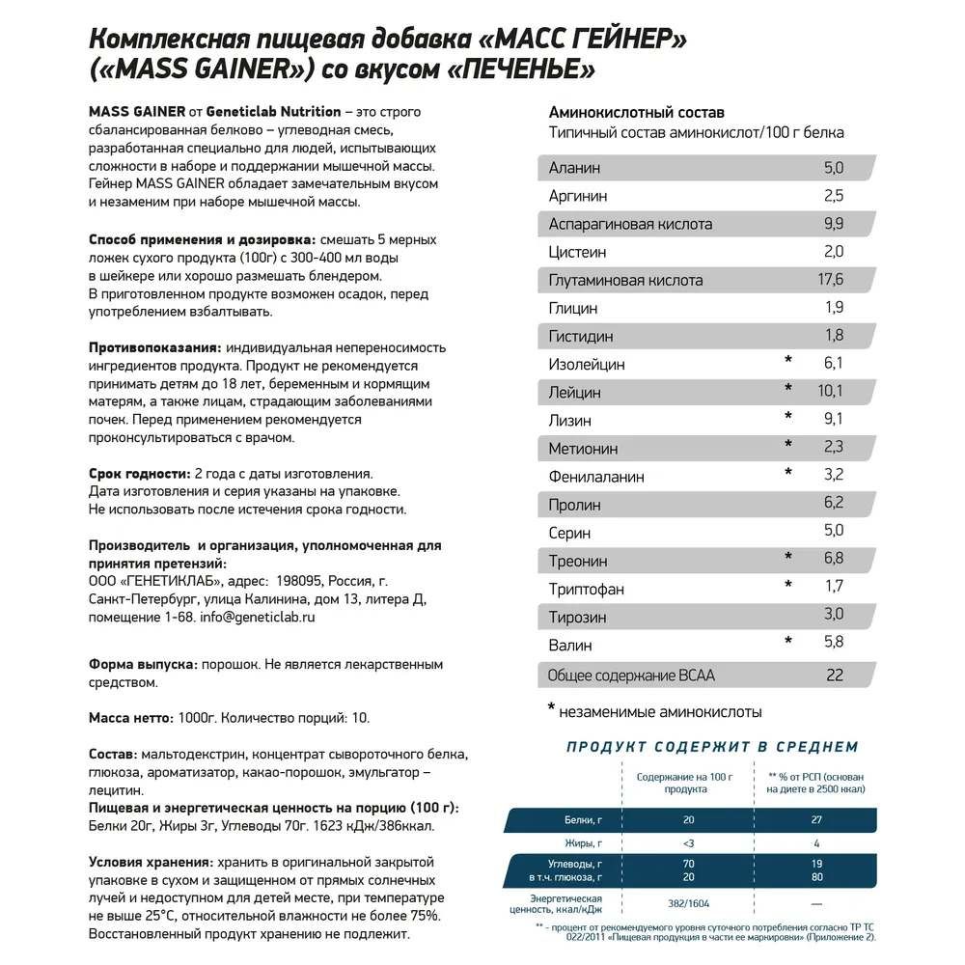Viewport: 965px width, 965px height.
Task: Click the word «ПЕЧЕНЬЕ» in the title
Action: (516, 69)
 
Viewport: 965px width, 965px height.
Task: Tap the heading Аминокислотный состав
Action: (636, 112)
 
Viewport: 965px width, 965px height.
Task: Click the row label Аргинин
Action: (578, 196)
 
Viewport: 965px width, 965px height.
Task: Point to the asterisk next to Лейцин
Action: (788, 389)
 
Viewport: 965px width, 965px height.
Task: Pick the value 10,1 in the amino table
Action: (830, 391)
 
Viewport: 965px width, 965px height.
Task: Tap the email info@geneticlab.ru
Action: (258, 617)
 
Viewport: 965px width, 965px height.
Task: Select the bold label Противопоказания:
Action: (154, 347)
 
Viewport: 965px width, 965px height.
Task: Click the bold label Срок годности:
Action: (138, 474)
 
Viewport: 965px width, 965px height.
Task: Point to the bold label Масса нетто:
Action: (131, 718)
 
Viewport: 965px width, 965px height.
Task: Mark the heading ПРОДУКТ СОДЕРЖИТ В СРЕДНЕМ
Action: (712, 747)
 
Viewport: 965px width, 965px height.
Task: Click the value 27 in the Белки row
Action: (818, 820)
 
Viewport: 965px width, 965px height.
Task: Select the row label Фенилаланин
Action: (596, 477)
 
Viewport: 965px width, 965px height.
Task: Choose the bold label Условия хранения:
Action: (150, 862)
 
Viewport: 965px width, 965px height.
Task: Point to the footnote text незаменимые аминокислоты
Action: (661, 712)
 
